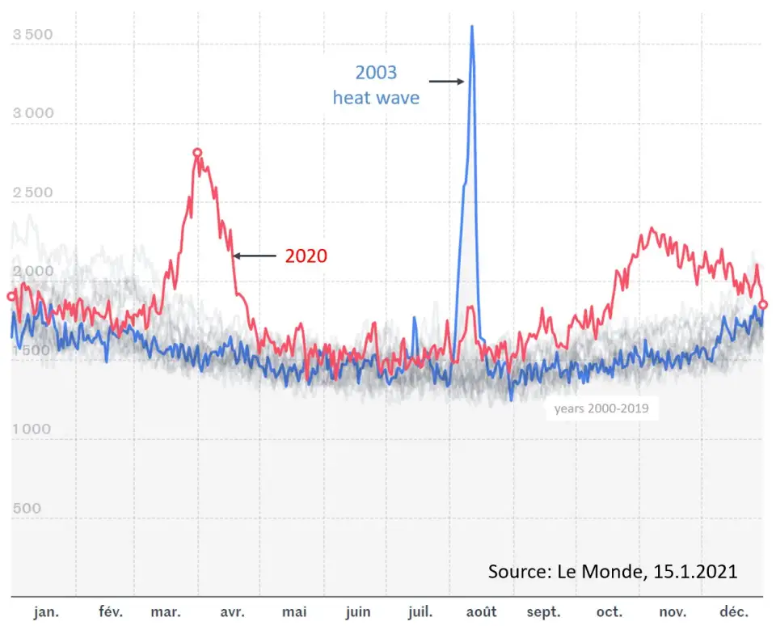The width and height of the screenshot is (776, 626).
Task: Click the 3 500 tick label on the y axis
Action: coord(33,35)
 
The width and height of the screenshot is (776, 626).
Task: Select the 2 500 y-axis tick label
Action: coord(33,192)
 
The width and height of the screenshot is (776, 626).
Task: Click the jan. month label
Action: coord(46,612)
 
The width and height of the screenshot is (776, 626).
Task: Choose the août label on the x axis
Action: coord(481,612)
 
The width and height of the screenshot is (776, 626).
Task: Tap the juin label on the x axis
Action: coord(357,612)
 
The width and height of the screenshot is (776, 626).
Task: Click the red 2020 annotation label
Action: coord(306,256)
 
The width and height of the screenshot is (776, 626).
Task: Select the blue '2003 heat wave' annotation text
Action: coord(377,85)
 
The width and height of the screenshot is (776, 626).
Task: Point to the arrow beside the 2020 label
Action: coord(255,256)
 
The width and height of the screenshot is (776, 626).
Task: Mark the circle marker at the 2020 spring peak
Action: coord(197,152)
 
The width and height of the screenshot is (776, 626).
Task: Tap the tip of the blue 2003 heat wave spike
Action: coord(472,27)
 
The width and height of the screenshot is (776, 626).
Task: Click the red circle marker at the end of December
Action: coord(764,304)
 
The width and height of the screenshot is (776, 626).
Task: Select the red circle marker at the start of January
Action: coord(11,296)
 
